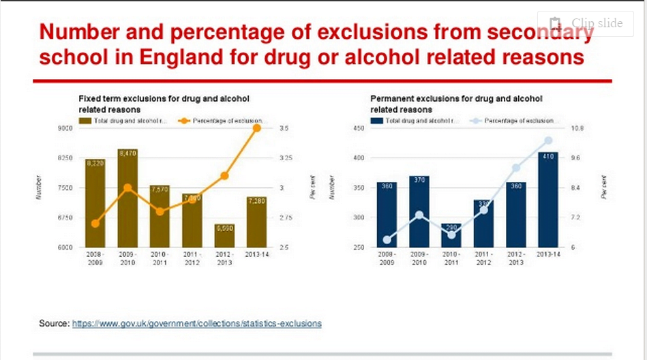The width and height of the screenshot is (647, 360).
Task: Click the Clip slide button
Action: (x=585, y=23)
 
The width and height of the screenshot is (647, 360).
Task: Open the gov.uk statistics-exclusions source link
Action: (x=196, y=322)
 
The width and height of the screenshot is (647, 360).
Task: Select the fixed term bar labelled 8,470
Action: (x=127, y=198)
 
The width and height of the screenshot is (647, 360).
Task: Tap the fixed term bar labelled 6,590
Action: (x=224, y=235)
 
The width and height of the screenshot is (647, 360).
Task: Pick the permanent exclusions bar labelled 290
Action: (x=451, y=235)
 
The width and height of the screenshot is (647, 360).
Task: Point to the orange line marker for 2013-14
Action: (x=256, y=128)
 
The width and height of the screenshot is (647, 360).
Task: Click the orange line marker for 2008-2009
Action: (x=95, y=223)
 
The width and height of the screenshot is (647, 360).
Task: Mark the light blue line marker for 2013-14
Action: (x=548, y=141)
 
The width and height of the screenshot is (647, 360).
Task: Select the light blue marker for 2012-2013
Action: (x=516, y=168)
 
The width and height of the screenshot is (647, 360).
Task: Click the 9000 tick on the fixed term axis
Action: (x=65, y=128)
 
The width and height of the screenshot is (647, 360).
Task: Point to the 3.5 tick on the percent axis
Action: (x=284, y=128)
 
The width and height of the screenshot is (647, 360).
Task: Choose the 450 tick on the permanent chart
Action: (x=358, y=128)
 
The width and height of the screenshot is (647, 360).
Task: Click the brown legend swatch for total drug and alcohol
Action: (x=85, y=121)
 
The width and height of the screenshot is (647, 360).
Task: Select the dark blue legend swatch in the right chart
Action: (x=376, y=121)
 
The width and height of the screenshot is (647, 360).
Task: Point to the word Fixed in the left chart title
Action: (x=89, y=99)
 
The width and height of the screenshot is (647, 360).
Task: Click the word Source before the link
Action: (x=53, y=322)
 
